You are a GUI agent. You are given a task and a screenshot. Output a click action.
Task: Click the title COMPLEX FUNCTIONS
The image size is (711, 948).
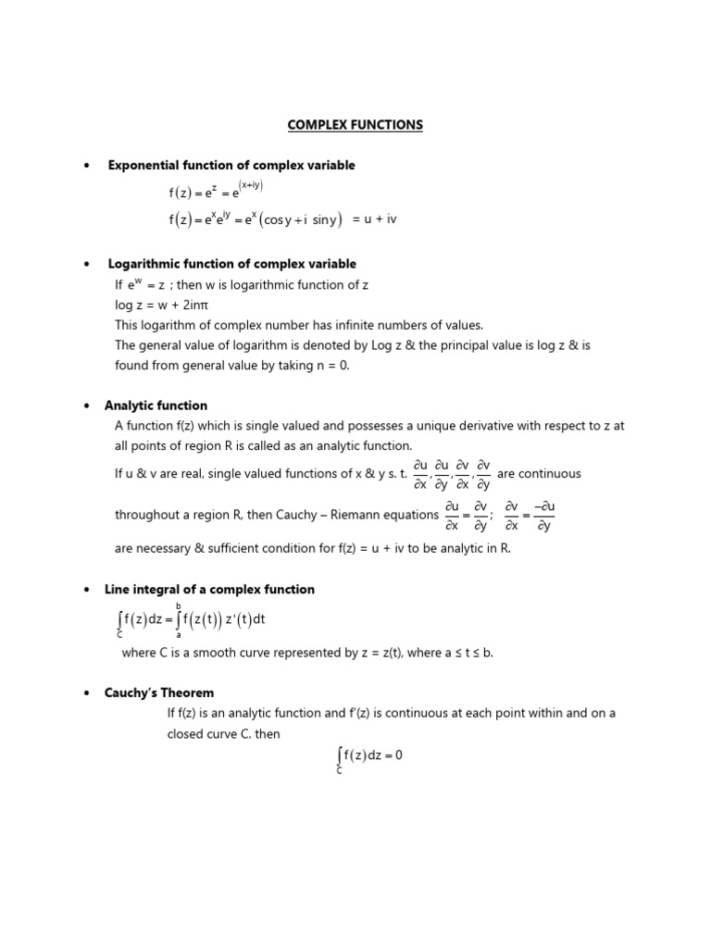[x=355, y=125]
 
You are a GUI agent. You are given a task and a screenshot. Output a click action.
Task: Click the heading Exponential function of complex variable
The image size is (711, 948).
[x=231, y=165]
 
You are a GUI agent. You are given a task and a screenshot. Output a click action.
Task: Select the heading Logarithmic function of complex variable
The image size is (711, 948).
[x=231, y=264]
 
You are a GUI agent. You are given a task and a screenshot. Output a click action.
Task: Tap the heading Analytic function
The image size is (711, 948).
[x=156, y=405]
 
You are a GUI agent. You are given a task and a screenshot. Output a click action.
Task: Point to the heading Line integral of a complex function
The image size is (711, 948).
[x=209, y=589]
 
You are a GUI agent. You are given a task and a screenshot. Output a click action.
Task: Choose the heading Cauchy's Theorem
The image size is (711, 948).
[x=159, y=692]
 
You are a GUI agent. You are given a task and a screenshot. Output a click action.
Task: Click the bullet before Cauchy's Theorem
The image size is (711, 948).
[x=86, y=692]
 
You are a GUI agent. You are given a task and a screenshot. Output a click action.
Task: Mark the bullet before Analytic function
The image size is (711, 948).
[x=86, y=405]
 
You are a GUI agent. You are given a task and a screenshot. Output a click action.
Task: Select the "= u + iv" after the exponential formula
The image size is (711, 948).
[x=374, y=219]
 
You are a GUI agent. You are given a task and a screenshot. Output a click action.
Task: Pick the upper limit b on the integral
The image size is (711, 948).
[x=178, y=605]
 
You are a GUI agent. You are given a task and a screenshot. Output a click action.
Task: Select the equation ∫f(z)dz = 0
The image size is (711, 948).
[x=370, y=755]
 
